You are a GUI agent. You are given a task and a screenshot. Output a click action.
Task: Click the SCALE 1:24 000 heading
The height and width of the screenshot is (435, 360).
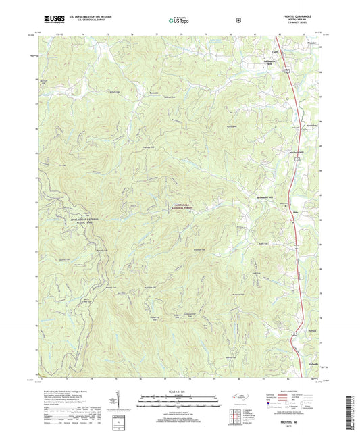pos(179,388)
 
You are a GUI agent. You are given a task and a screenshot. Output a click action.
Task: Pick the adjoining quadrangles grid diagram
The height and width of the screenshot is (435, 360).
pos(271,403)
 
